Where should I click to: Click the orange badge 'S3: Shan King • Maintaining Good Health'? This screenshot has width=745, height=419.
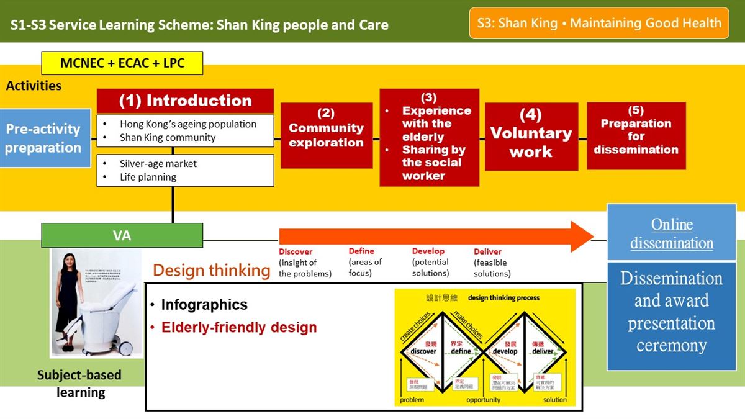tap(598, 23)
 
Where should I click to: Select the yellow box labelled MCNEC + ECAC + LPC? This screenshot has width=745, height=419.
tap(122, 63)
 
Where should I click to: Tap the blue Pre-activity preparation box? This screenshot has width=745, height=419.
tap(43, 138)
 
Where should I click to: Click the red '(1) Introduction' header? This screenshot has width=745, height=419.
tap(185, 101)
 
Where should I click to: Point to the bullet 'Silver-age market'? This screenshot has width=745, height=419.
tap(158, 164)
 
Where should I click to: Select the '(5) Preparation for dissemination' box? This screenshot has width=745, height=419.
tap(636, 136)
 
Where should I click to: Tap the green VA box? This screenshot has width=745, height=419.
tap(122, 236)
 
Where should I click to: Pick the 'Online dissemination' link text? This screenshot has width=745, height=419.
tap(671, 233)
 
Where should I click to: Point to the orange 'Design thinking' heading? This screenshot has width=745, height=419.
tap(211, 270)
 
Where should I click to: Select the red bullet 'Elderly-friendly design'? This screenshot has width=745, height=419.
tap(239, 327)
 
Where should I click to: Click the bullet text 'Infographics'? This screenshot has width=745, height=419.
tap(204, 305)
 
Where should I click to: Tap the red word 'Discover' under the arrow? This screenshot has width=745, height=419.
tap(296, 251)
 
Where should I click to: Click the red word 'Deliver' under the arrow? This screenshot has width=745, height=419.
tap(487, 251)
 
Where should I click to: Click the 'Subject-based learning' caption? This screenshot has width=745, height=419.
tap(79, 384)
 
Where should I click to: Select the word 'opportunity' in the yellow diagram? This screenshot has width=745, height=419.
tap(483, 400)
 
